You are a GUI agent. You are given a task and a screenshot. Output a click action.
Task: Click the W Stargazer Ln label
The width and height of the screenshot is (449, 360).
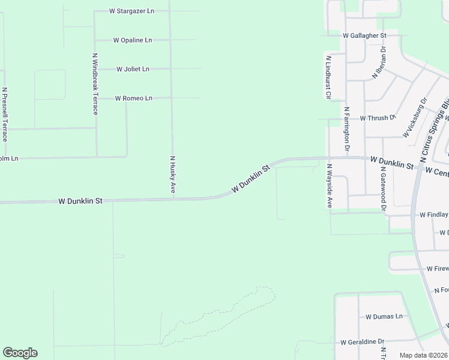(x=131, y=11)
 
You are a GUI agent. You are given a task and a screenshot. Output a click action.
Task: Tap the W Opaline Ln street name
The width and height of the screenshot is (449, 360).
(x=133, y=40)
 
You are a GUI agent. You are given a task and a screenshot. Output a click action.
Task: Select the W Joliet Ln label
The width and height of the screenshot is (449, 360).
(x=133, y=69)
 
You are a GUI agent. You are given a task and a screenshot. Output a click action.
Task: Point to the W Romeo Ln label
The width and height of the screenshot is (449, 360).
(x=133, y=98)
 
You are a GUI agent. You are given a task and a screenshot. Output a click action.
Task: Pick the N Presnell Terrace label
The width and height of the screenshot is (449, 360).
(x=5, y=114)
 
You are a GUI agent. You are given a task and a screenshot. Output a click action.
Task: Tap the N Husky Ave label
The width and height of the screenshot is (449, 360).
(x=172, y=174)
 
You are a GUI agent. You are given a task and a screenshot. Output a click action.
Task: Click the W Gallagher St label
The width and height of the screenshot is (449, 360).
(x=364, y=35)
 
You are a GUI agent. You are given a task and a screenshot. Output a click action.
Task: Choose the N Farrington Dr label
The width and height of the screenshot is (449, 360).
(x=347, y=128)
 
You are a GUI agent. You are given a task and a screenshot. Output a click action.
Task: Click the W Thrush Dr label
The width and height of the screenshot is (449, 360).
(x=378, y=118)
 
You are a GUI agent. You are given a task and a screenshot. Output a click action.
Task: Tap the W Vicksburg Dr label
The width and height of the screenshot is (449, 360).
(x=415, y=118)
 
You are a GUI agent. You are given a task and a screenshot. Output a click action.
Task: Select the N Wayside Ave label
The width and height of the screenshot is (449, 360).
(x=330, y=185)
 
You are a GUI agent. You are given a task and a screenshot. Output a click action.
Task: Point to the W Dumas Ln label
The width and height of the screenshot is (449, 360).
(x=384, y=316)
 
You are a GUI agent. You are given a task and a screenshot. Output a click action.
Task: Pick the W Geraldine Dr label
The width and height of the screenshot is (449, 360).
(x=362, y=342)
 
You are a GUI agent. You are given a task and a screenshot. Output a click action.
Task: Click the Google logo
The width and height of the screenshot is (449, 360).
(x=20, y=353)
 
